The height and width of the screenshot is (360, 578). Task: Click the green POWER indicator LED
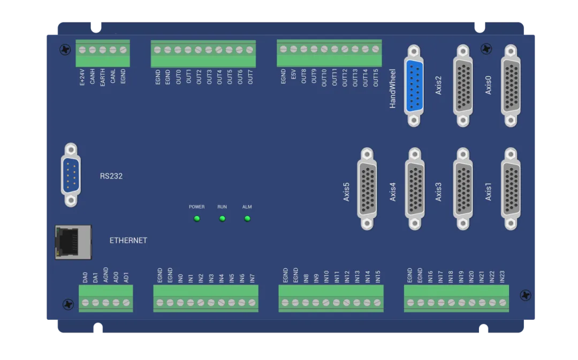(x=197, y=218)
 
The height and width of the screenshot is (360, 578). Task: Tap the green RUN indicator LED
(x=222, y=218)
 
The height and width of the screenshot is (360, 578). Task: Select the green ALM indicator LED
(x=247, y=218)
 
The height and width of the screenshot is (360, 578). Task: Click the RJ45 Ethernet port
(x=73, y=242)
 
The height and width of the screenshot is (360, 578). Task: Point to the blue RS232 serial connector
(x=71, y=175)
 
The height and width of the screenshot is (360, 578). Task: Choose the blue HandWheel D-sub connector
(x=414, y=86)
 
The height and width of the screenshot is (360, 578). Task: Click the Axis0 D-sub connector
(x=511, y=86)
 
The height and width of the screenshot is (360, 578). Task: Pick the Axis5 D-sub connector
(x=367, y=189)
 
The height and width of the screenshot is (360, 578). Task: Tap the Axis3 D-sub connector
(x=463, y=189)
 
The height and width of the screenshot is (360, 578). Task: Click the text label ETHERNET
(x=128, y=241)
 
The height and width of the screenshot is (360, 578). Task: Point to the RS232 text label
(x=111, y=175)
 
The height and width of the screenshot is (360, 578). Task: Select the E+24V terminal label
(x=82, y=76)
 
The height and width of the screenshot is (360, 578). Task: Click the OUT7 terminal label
(x=250, y=76)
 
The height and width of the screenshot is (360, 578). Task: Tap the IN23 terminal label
(x=502, y=277)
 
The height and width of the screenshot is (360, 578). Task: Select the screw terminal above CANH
(x=92, y=50)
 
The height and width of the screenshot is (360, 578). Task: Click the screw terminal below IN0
(x=180, y=303)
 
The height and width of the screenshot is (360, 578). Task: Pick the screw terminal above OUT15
(x=375, y=49)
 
